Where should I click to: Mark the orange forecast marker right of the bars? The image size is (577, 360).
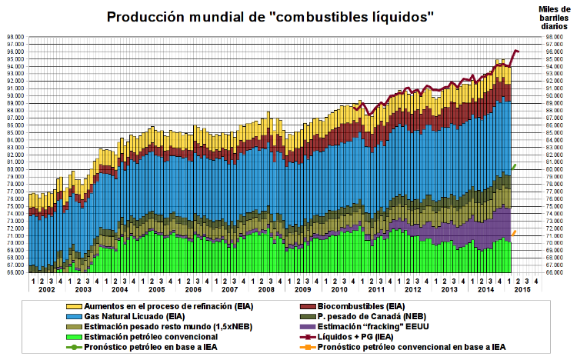click(513, 233)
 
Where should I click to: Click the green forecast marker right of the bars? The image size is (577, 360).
click(513, 167)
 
